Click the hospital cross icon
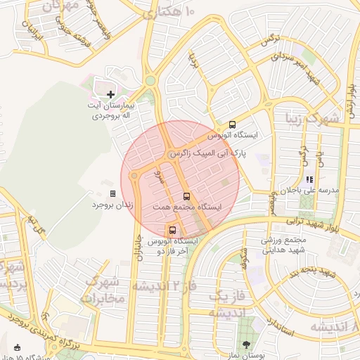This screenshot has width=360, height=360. pos(110,94)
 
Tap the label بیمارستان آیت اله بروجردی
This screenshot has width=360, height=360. pos(110,110)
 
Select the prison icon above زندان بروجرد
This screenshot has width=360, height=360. pos(112,193)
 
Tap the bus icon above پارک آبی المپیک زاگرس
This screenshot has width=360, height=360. pos(233,124)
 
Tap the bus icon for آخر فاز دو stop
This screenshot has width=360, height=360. pos(172,230)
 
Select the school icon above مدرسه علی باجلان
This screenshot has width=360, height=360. pos(309,179)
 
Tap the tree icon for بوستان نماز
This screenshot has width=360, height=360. pos(245,345)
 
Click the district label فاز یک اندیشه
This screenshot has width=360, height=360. pos(229,303)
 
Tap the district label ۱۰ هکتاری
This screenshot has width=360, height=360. pos(169,13)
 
